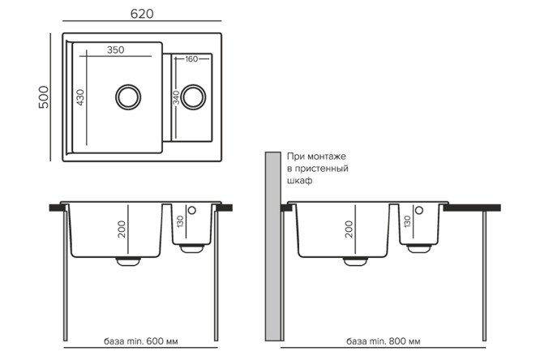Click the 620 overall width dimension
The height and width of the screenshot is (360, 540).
click(142, 14)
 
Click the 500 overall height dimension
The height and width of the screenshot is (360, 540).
click(44, 97)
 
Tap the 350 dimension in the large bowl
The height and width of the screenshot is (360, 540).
click(115, 50)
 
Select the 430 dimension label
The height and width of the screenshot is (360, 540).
click(80, 97)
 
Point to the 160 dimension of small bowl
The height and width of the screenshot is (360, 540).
click(191, 59)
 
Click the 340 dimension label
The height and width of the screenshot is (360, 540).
click(176, 97)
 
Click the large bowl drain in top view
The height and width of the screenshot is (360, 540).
click(128, 96)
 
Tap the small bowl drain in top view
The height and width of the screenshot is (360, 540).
click(193, 96)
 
